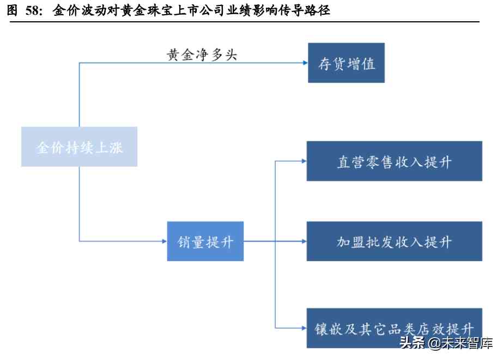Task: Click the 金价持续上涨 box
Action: [79, 147]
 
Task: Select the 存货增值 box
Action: [346, 63]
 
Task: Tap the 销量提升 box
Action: [205, 241]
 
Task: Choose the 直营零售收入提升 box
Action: [394, 161]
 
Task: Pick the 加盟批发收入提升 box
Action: [394, 241]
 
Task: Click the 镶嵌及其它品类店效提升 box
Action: [394, 328]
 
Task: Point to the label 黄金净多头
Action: [202, 55]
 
